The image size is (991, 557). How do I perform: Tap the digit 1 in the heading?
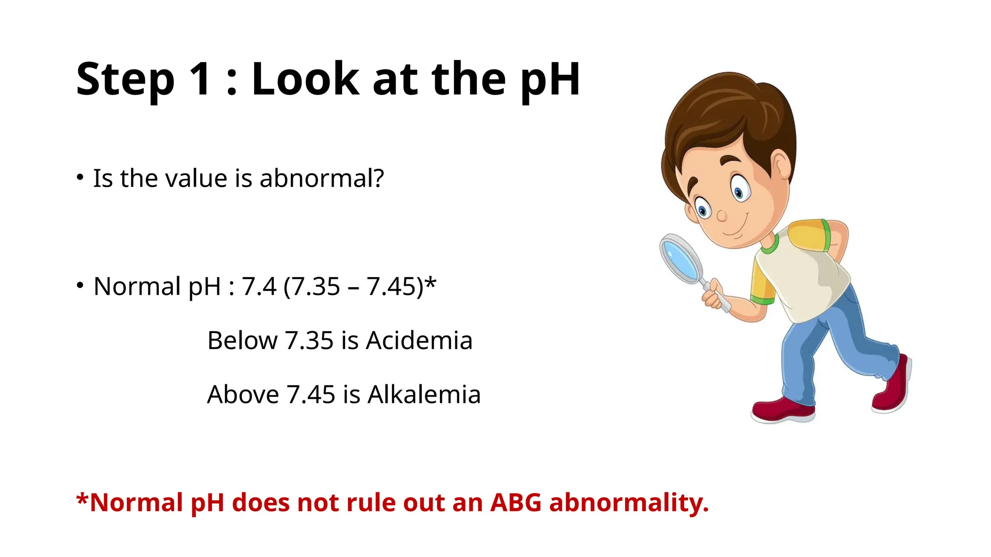pyautogui.click(x=201, y=79)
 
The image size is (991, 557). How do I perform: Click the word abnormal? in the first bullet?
pyautogui.click(x=322, y=178)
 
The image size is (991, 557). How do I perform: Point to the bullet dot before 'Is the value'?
pyautogui.click(x=80, y=177)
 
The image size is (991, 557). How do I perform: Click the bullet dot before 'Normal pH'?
pyautogui.click(x=80, y=285)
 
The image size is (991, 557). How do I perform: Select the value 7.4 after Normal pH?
pyautogui.click(x=259, y=286)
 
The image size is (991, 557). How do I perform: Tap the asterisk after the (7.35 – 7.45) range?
pyautogui.click(x=431, y=281)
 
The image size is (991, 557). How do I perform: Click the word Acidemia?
pyautogui.click(x=419, y=340)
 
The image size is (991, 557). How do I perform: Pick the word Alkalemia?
pyautogui.click(x=424, y=395)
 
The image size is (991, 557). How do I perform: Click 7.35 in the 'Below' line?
pyautogui.click(x=309, y=340)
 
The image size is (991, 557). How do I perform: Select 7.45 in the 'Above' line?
pyautogui.click(x=311, y=395)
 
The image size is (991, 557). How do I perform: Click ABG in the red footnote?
pyautogui.click(x=516, y=502)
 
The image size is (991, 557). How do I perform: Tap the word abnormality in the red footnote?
pyautogui.click(x=629, y=502)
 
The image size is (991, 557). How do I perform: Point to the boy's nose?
pyautogui.click(x=721, y=215)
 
